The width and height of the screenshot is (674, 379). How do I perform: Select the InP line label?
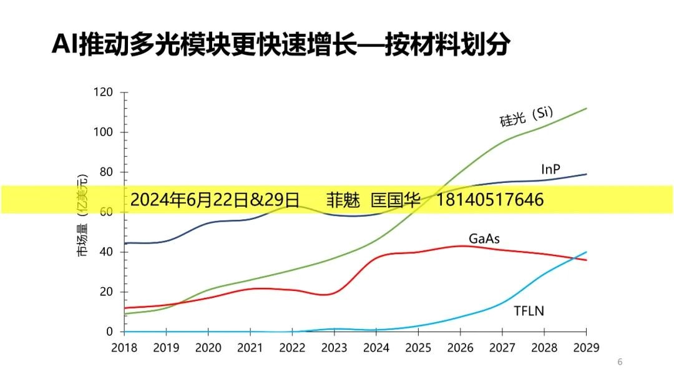pyautogui.click(x=550, y=169)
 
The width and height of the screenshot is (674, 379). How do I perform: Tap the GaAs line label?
pyautogui.click(x=484, y=239)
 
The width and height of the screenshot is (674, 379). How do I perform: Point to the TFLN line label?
pyautogui.click(x=529, y=310)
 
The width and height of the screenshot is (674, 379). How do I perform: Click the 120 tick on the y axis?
pyautogui.click(x=104, y=92)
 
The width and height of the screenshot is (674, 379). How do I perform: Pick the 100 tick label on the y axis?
pyautogui.click(x=104, y=132)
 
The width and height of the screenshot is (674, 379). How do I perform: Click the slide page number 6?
pyautogui.click(x=620, y=362)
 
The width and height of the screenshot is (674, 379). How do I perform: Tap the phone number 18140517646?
pyautogui.click(x=489, y=200)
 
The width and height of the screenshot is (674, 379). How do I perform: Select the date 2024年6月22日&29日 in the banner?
pyautogui.click(x=215, y=200)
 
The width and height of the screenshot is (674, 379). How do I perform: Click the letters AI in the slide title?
pyautogui.click(x=64, y=45)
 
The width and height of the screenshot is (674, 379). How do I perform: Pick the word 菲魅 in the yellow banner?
pyautogui.click(x=343, y=200)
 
